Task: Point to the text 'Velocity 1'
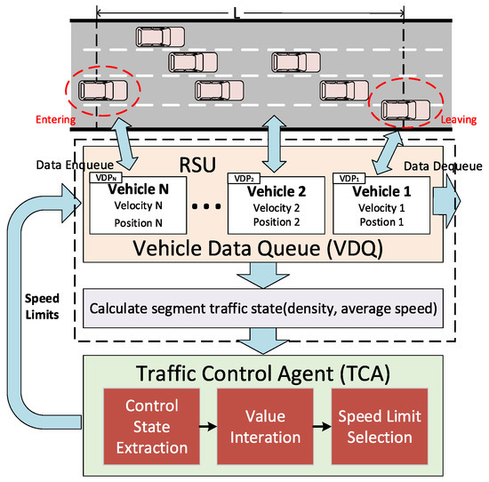click(380, 206)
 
